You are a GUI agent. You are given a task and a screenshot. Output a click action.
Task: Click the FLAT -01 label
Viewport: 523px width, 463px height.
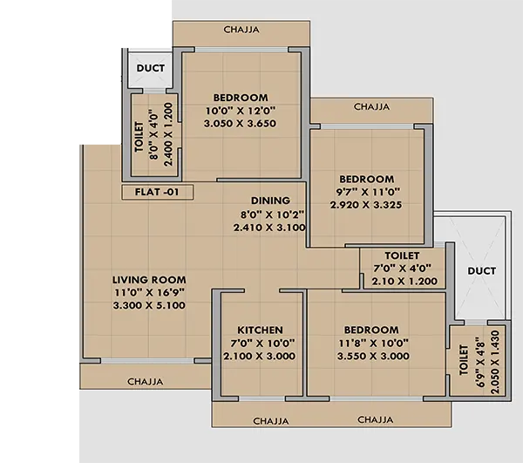tap(158, 193)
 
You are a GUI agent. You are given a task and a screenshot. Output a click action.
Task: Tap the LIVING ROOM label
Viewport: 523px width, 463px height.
tap(149, 280)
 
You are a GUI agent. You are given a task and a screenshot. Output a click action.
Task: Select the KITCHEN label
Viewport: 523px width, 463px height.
tap(260, 330)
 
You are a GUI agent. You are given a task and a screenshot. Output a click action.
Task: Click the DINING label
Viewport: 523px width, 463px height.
tap(270, 201)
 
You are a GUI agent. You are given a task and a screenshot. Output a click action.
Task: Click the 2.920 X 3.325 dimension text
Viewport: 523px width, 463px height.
tap(367, 205)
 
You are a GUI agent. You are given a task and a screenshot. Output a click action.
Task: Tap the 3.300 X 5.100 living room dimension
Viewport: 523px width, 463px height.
tap(149, 305)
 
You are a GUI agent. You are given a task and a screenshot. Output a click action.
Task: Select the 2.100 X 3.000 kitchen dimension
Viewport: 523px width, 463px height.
tap(260, 357)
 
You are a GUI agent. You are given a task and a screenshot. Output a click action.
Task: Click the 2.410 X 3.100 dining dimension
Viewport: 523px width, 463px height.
tap(269, 227)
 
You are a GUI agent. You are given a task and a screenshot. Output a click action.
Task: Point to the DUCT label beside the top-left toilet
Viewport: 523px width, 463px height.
tap(152, 67)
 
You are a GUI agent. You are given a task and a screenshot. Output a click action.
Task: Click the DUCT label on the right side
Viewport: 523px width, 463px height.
tap(481, 271)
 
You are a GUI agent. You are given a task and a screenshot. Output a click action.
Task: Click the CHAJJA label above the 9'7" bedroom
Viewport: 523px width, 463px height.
tap(371, 107)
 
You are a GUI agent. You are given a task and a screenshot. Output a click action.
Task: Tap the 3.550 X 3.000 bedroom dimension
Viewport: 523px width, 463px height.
tap(371, 357)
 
